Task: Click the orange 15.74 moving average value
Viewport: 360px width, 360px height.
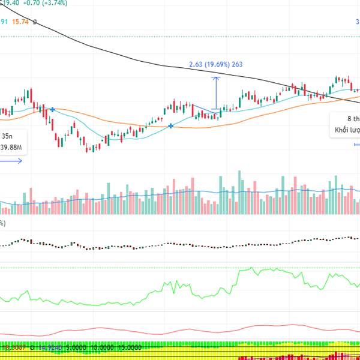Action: point(23,22)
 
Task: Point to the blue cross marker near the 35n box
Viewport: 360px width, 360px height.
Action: point(53,110)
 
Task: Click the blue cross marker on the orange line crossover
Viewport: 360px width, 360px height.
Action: point(172,125)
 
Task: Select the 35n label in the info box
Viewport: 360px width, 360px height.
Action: point(7,136)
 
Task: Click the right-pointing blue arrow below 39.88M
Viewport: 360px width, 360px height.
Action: point(12,160)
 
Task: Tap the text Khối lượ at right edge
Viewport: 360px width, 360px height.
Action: point(347,130)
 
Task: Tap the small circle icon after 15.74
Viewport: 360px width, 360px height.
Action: point(36,22)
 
